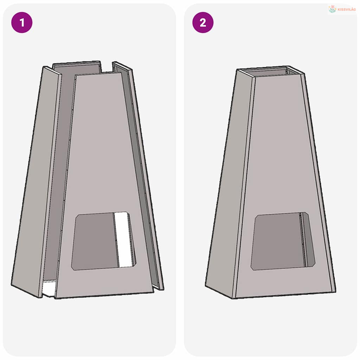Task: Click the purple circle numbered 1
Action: point(22,22)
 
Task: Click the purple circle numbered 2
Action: point(203,22)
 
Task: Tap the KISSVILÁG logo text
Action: point(347,9)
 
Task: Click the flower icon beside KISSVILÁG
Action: point(332,9)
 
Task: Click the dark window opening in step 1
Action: point(95,241)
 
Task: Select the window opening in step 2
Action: point(283,241)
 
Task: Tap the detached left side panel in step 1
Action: point(37,181)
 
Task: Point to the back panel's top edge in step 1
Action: point(76,63)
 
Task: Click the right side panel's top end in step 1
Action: point(122,66)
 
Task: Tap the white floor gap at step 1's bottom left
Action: point(49,288)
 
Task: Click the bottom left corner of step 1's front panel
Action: point(55,298)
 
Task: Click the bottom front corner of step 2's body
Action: point(233,298)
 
